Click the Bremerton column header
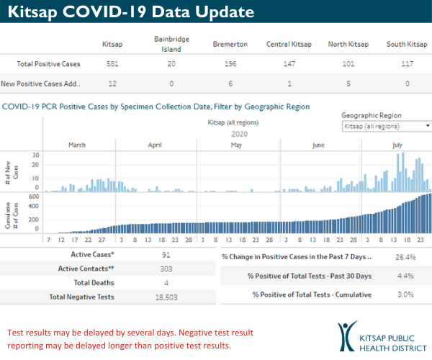pyautogui.click(x=230, y=45)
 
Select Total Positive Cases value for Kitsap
pyautogui.click(x=112, y=64)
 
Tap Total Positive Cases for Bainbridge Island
pyautogui.click(x=171, y=64)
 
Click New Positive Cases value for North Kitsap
pyautogui.click(x=348, y=84)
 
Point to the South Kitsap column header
pyautogui.click(x=406, y=45)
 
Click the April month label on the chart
pyautogui.click(x=155, y=145)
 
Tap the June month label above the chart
pyautogui.click(x=318, y=145)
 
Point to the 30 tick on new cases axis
pyautogui.click(x=35, y=155)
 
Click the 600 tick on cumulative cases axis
pyautogui.click(x=34, y=196)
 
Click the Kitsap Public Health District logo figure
pyautogui.click(x=348, y=336)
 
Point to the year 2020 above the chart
pyautogui.click(x=240, y=133)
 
